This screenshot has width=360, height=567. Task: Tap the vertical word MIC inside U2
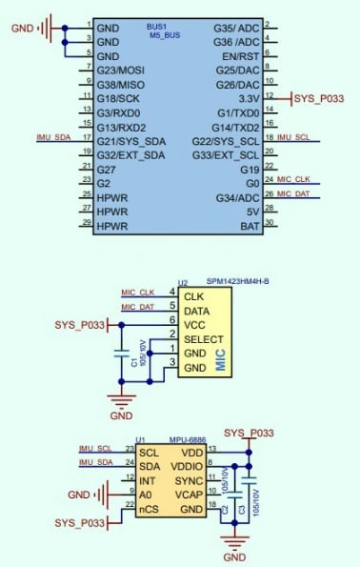tap(220, 359)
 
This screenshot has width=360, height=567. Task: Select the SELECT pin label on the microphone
tap(203, 338)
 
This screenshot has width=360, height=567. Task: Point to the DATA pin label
tap(197, 311)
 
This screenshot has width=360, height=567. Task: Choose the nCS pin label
tap(149, 510)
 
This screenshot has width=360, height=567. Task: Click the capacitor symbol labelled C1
tap(122, 354)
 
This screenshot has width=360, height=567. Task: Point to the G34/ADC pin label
tap(237, 196)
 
